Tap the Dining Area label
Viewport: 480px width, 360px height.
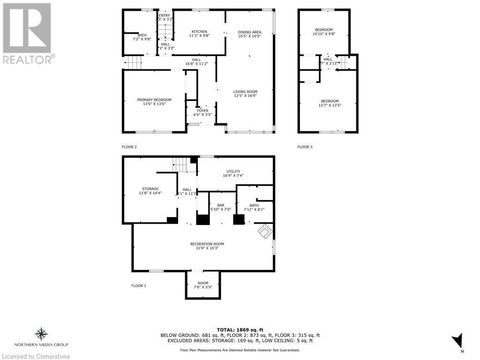tap(249, 31)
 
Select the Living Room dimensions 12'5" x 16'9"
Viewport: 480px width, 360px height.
tap(245, 96)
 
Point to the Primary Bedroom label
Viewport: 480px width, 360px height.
tap(154, 100)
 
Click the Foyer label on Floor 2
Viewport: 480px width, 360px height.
tap(202, 111)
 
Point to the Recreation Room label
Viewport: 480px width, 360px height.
tap(207, 244)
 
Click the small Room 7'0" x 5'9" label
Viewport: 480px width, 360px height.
tap(203, 283)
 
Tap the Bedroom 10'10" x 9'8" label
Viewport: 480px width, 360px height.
tap(323, 30)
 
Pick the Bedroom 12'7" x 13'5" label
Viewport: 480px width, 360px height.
tap(330, 101)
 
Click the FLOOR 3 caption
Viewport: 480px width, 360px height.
tap(305, 147)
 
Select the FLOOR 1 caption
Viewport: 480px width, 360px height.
tap(138, 285)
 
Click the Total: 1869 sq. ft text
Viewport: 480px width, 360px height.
tap(240, 330)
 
